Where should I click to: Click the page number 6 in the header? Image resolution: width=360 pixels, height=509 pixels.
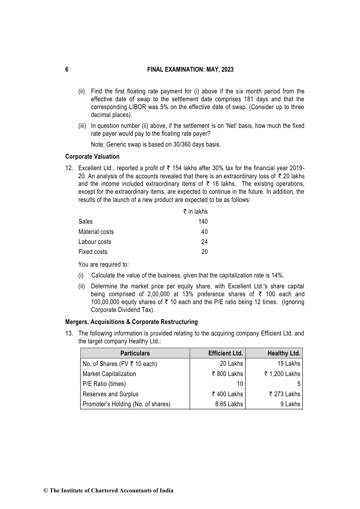pyautogui.click(x=67, y=70)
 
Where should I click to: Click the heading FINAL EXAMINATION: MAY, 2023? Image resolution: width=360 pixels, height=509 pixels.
pyautogui.click(x=190, y=70)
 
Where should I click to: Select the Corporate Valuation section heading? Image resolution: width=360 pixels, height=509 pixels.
pyautogui.click(x=92, y=157)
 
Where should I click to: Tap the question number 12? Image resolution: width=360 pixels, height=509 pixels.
pyautogui.click(x=69, y=168)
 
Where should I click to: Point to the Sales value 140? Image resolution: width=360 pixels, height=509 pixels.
pyautogui.click(x=203, y=222)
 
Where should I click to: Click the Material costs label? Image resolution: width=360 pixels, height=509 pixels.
pyautogui.click(x=96, y=232)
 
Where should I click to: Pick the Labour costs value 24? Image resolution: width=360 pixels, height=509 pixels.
pyautogui.click(x=204, y=242)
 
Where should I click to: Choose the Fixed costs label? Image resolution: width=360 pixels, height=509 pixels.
pyautogui.click(x=93, y=252)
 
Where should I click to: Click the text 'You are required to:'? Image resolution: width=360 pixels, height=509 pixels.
pyautogui.click(x=103, y=264)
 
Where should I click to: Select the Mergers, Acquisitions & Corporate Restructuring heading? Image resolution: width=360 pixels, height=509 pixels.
pyautogui.click(x=131, y=322)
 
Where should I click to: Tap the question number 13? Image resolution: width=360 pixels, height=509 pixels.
pyautogui.click(x=69, y=333)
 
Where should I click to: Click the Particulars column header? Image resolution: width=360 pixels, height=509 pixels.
pyautogui.click(x=135, y=353)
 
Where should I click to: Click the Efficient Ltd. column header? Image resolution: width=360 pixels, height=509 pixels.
pyautogui.click(x=225, y=353)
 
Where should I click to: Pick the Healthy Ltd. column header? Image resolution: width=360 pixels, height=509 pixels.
pyautogui.click(x=284, y=353)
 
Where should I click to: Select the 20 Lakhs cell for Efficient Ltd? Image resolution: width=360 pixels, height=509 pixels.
pyautogui.click(x=231, y=364)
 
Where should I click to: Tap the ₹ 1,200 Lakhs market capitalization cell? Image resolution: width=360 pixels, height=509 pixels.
pyautogui.click(x=282, y=374)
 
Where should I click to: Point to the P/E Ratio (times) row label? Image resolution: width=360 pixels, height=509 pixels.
pyautogui.click(x=104, y=384)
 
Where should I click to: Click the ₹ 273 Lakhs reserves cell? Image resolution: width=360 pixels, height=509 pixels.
pyautogui.click(x=284, y=394)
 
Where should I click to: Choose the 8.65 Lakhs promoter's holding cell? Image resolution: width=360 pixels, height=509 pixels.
pyautogui.click(x=229, y=404)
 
